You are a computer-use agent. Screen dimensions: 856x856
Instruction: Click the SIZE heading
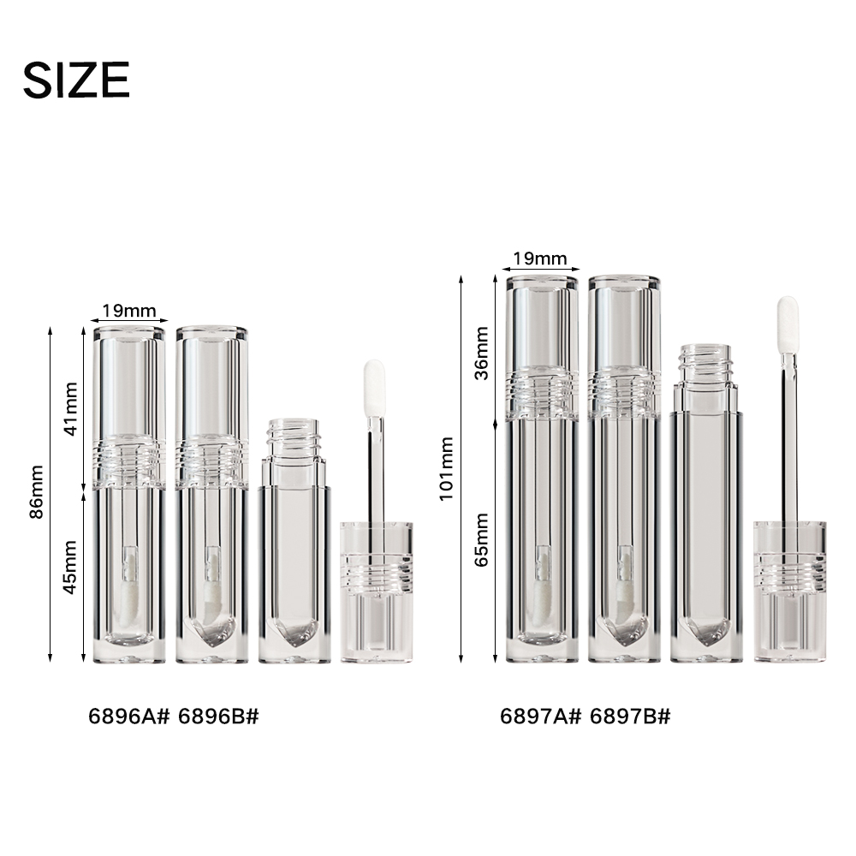[76, 80]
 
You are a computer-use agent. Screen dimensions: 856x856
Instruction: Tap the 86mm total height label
[37, 492]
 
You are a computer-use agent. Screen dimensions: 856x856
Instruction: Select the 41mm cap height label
[70, 409]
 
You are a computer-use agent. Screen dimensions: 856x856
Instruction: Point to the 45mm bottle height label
[70, 568]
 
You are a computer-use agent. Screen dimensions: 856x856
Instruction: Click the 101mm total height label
[447, 468]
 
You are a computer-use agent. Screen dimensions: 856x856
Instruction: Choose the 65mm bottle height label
[481, 540]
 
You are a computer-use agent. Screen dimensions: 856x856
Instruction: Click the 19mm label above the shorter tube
[129, 311]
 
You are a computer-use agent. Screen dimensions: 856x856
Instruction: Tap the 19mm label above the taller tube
[540, 259]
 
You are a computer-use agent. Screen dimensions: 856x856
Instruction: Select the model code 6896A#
[129, 716]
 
